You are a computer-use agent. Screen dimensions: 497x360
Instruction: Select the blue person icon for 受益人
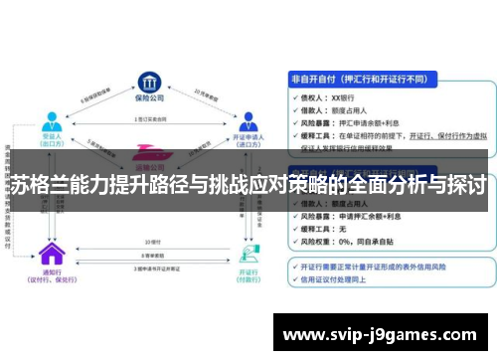coord(51,120)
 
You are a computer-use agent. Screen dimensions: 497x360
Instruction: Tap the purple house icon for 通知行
coord(47,253)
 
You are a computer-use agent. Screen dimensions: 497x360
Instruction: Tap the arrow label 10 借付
coord(152,242)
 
